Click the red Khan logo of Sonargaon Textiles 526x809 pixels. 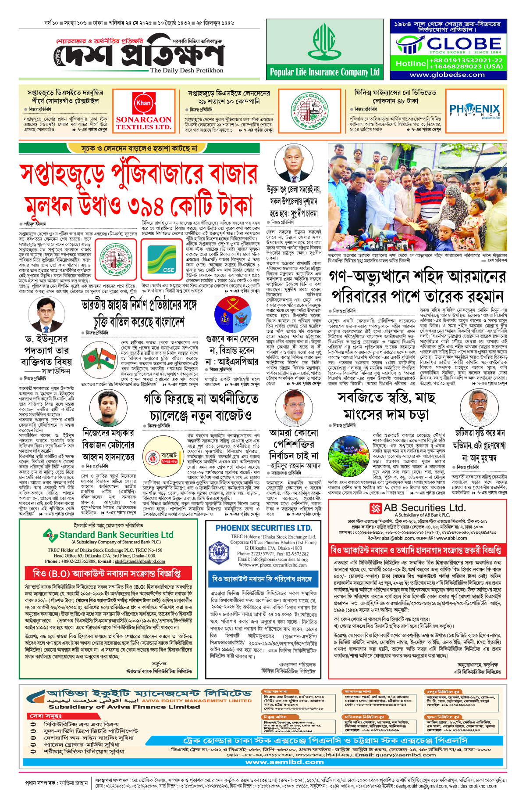(x=143, y=104)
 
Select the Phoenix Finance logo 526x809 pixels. (x=474, y=110)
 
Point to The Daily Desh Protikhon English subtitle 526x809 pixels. (x=186, y=70)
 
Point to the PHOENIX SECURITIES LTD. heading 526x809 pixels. (x=263, y=528)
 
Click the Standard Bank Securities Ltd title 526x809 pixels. (x=116, y=535)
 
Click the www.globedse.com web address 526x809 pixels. (x=447, y=75)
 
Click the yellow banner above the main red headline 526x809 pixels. (x=139, y=148)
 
